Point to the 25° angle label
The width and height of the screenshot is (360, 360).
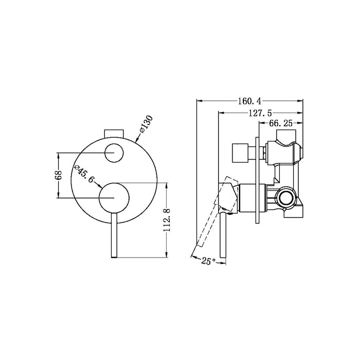point(208,261)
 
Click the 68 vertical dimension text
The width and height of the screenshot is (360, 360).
point(59,175)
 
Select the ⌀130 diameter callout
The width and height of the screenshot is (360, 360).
point(147,124)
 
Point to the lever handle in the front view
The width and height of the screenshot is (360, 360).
point(113,237)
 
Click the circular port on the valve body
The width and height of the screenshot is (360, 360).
point(285,197)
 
